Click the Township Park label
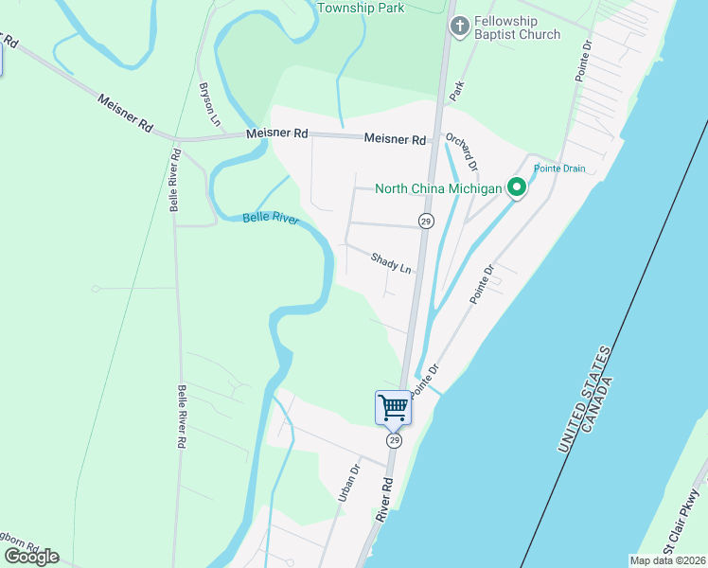[361, 8]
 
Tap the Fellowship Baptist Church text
[518, 27]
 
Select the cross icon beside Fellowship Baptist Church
[459, 27]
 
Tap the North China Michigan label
[437, 188]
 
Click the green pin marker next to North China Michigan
[517, 188]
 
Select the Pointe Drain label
[559, 169]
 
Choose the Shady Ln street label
[391, 262]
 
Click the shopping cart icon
[393, 408]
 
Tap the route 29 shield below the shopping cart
[394, 441]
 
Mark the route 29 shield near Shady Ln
[426, 221]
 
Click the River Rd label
[384, 499]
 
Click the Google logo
[31, 556]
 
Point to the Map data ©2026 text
[668, 560]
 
